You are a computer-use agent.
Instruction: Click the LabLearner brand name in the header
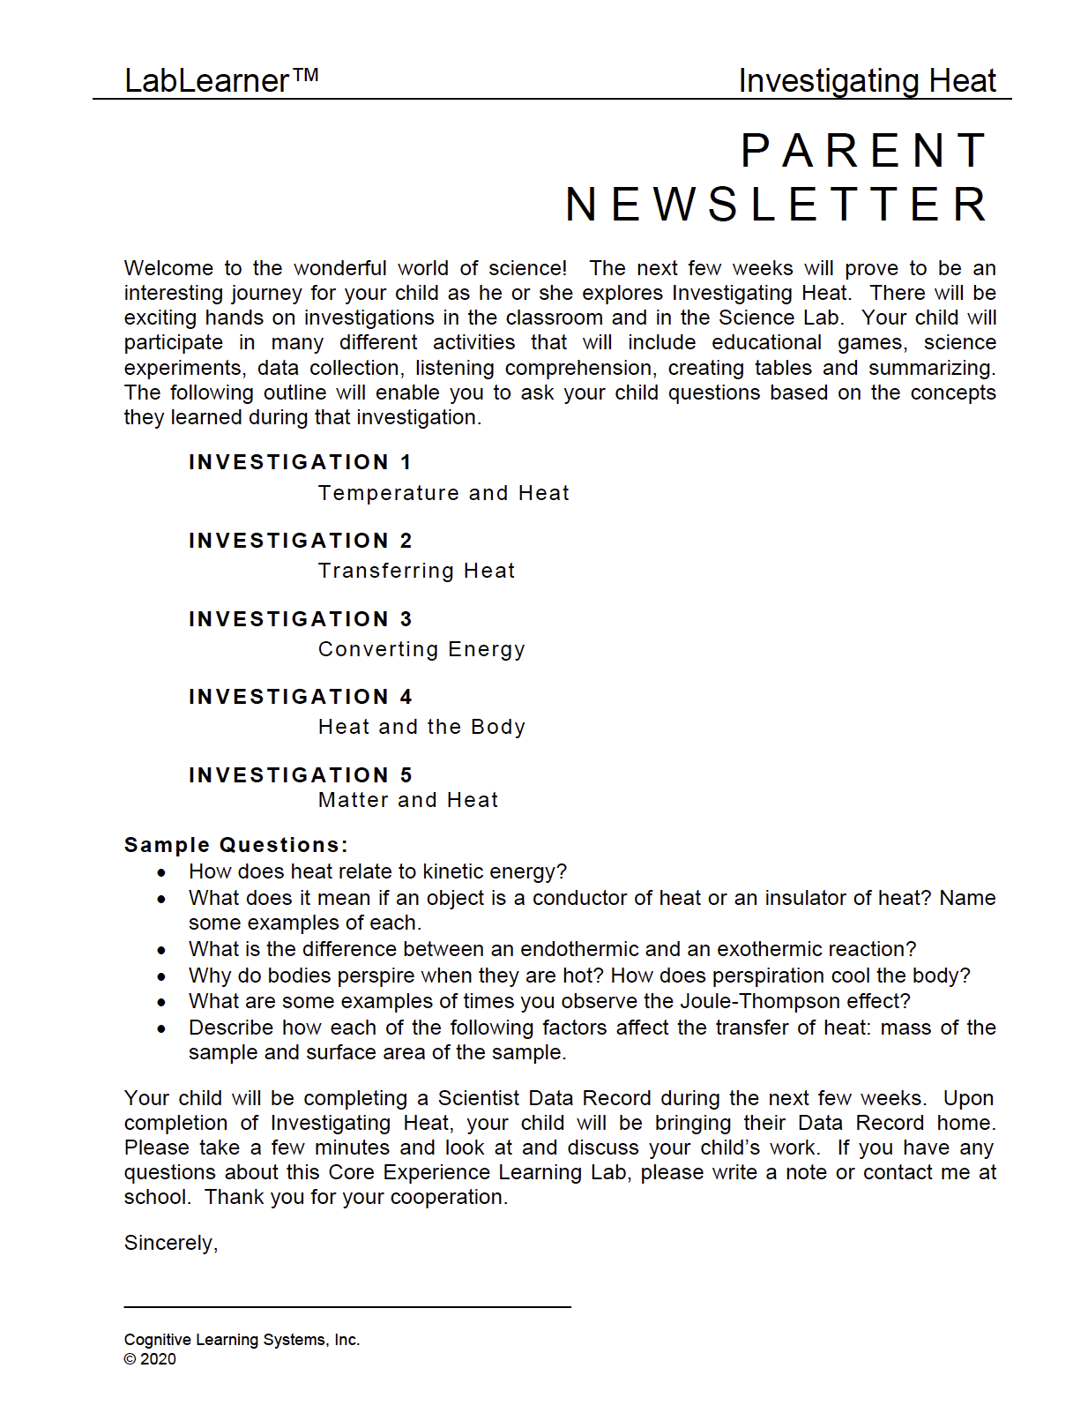pos(220,80)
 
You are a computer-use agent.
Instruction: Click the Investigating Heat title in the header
pos(867,80)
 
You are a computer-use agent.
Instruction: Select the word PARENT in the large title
pos(865,150)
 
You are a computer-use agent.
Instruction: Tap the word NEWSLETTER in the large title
pos(778,205)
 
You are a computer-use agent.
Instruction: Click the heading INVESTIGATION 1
pos(300,462)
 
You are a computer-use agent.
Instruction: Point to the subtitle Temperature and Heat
pos(443,493)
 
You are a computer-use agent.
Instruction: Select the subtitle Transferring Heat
pos(416,571)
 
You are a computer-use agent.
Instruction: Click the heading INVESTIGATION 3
pos(300,619)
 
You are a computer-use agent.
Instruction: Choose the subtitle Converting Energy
pos(421,649)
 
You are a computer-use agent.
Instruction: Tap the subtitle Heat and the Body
pos(421,727)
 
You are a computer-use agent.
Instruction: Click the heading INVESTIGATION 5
pos(300,775)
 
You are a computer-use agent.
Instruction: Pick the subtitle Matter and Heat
pos(408,800)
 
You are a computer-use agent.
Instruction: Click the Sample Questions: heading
pos(236,845)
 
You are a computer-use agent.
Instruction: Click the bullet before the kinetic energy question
pos(161,872)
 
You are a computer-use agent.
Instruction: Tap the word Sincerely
pos(170,1243)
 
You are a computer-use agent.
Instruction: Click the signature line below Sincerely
pos(347,1306)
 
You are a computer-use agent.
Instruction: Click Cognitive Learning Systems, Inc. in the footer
pos(242,1340)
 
